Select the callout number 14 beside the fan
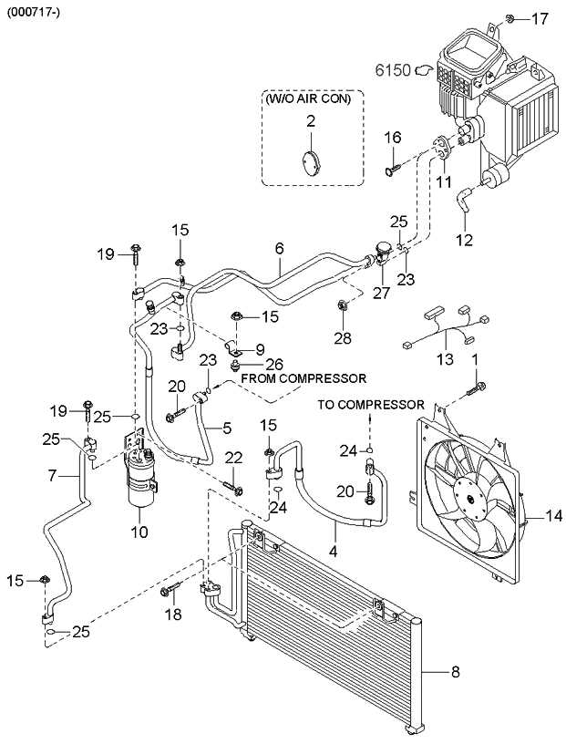click(553, 517)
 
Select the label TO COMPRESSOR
click(371, 404)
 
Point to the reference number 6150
click(395, 68)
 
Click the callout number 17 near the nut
click(540, 17)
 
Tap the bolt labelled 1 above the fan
click(478, 389)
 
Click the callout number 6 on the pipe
click(279, 248)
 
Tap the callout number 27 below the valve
click(379, 293)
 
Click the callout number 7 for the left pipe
click(54, 476)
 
